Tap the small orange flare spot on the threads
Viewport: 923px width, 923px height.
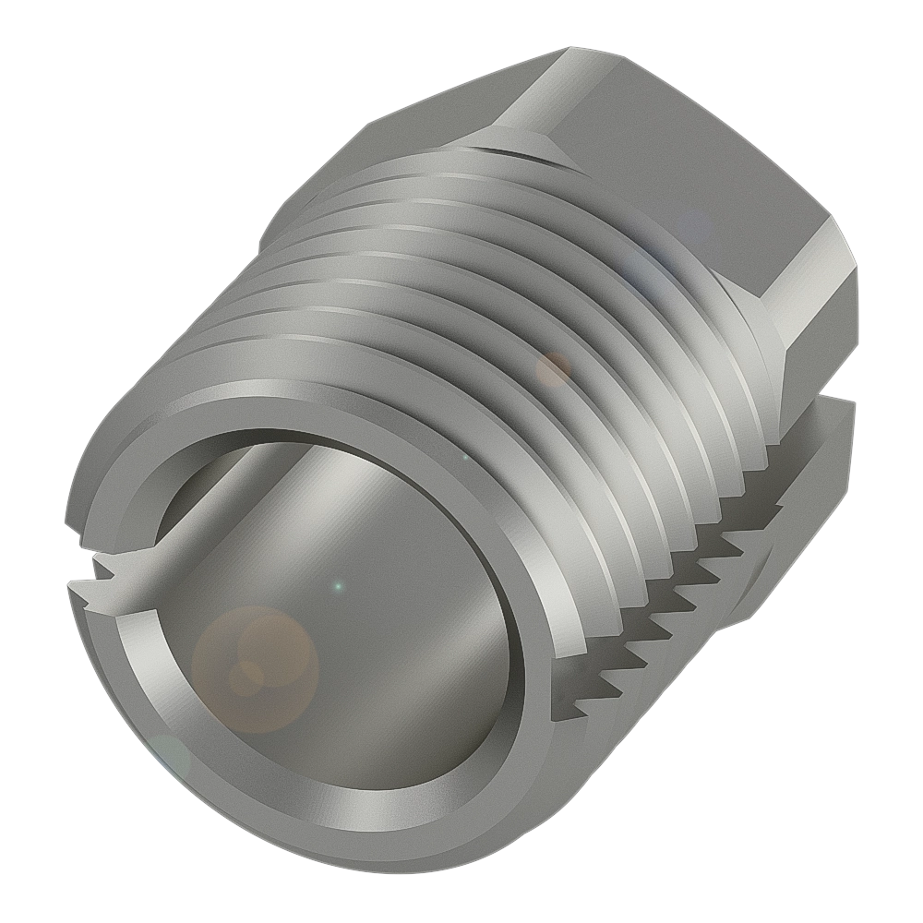point(554,368)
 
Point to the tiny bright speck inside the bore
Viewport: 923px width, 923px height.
point(338,585)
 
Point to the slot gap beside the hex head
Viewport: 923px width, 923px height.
point(812,397)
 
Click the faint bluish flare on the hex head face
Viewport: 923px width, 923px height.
point(692,226)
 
